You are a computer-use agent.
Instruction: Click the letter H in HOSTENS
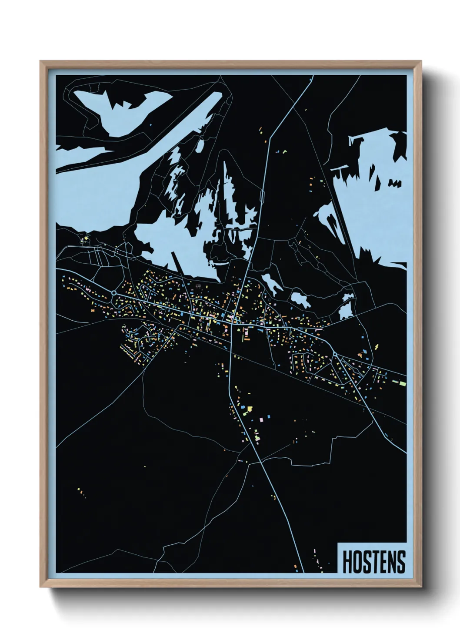click(347, 562)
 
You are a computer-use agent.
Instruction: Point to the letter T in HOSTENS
click(374, 562)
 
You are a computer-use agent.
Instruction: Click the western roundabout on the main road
click(114, 293)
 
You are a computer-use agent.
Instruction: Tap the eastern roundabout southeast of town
click(335, 356)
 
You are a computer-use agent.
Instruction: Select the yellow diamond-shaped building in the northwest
click(86, 238)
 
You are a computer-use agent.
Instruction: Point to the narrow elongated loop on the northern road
click(263, 196)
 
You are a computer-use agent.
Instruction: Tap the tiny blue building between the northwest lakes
click(150, 125)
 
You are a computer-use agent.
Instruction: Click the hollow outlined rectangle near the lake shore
click(199, 286)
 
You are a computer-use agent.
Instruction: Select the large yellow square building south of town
click(250, 408)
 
